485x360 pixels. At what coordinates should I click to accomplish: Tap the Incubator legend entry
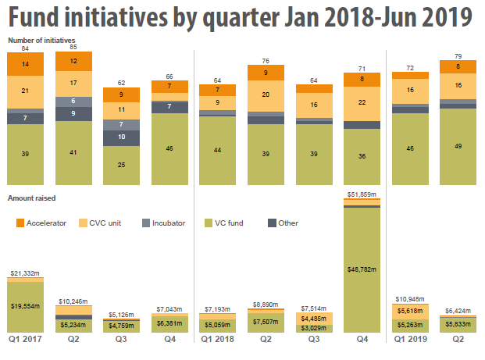(166, 223)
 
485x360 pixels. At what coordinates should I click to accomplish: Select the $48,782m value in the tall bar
(362, 269)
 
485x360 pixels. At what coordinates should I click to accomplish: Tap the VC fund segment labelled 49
(459, 146)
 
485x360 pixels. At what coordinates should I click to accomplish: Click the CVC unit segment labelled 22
(362, 102)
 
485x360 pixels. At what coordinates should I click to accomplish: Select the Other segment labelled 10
(121, 137)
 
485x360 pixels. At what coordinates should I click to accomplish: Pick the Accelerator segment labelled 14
(25, 64)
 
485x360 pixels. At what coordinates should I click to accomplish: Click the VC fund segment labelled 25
(121, 165)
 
